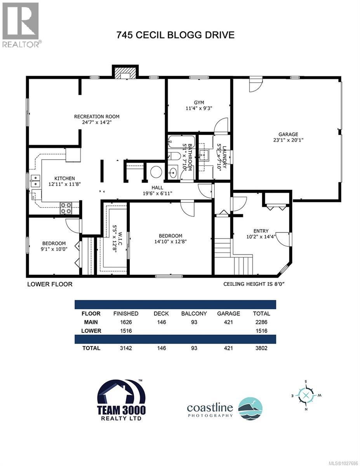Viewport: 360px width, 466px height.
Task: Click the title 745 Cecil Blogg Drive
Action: (x=176, y=35)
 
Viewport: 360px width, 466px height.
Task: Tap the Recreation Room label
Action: (x=97, y=116)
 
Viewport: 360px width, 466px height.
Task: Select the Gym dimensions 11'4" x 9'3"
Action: (x=199, y=109)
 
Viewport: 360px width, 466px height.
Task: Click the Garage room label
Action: (x=288, y=134)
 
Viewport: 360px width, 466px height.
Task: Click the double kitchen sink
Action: (x=35, y=181)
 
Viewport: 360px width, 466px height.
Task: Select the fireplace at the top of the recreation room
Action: (x=125, y=72)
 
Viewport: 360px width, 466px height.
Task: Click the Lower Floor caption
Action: (x=50, y=284)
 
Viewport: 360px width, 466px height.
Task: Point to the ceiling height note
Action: (x=257, y=284)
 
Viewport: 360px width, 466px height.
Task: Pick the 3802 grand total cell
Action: (x=261, y=348)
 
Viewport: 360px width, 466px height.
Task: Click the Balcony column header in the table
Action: (x=194, y=313)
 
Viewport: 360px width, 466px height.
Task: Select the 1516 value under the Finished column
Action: (x=125, y=331)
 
